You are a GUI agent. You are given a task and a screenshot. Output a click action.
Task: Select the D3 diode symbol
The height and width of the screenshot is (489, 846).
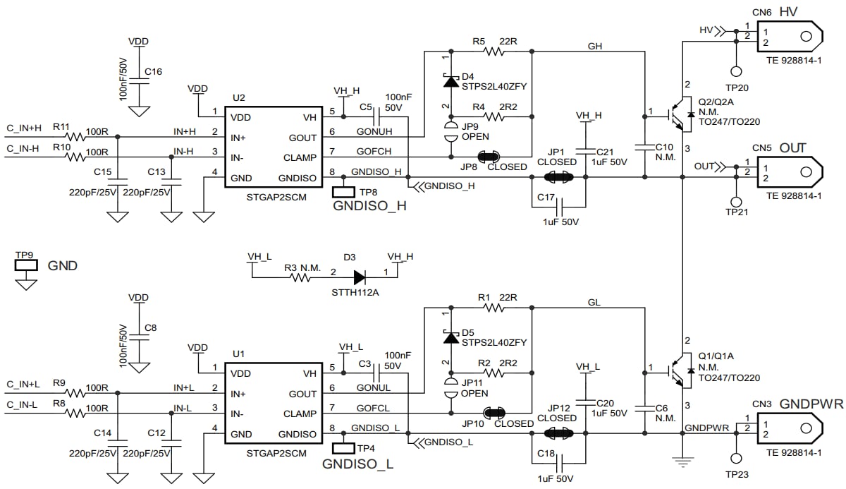[x=360, y=277]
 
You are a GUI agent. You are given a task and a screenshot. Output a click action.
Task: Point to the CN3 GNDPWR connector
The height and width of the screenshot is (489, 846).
[x=788, y=428]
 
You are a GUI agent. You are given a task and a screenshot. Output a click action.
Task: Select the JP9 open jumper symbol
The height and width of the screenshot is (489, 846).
[x=449, y=131]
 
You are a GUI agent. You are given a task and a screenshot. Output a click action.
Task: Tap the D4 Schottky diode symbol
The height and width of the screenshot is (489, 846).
[x=449, y=81]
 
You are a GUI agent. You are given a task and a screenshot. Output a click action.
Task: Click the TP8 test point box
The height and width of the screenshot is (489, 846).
[x=344, y=191]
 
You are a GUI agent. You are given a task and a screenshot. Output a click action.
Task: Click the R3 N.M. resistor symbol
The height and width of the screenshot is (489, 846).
[x=301, y=277]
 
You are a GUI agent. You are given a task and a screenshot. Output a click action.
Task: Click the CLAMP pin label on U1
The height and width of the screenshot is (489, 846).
[x=300, y=413]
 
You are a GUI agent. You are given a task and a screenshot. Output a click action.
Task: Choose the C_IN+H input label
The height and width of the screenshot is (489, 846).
[x=24, y=128]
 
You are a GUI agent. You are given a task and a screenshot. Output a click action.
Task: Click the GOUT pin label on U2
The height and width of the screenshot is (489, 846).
[x=302, y=138]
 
